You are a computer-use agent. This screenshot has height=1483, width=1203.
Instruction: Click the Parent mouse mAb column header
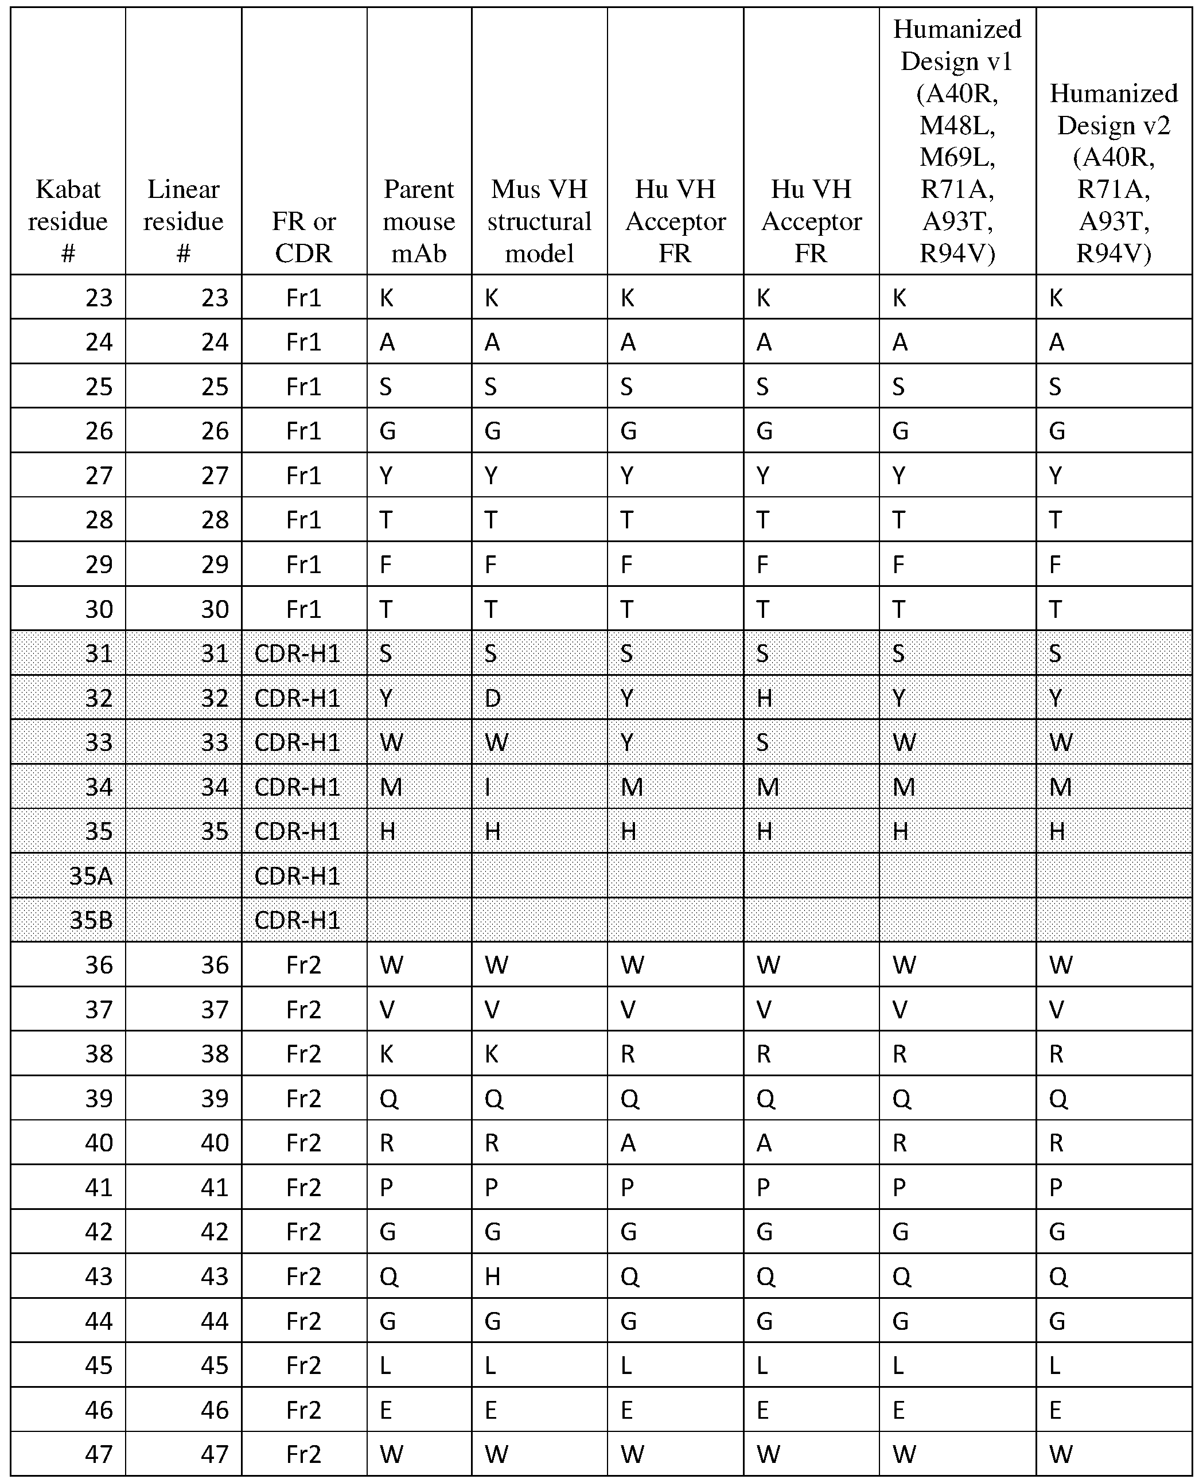(419, 221)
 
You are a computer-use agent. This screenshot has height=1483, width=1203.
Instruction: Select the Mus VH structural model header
(539, 221)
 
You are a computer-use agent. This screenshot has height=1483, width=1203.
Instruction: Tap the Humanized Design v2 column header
(1114, 173)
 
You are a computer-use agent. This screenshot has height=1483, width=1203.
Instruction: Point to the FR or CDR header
(303, 237)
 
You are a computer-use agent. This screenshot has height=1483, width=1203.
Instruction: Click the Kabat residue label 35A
(91, 876)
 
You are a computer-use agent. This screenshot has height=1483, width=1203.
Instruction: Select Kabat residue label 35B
(91, 920)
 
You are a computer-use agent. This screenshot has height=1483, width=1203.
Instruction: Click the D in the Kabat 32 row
(492, 698)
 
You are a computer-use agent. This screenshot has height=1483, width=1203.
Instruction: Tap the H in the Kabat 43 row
(492, 1276)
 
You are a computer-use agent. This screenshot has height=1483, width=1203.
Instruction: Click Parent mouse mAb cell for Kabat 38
(387, 1054)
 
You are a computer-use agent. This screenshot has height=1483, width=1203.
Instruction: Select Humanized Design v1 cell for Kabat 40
(900, 1143)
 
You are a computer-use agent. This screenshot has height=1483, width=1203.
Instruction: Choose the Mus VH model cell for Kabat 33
(496, 742)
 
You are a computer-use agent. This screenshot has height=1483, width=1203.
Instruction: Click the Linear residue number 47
(215, 1454)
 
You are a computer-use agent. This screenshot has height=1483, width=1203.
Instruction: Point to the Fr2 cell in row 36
(303, 964)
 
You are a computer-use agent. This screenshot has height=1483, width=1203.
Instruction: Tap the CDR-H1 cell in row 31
(297, 653)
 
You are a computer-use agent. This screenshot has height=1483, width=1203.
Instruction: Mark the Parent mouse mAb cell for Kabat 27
(387, 476)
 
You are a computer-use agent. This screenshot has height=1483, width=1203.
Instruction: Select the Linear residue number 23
(215, 297)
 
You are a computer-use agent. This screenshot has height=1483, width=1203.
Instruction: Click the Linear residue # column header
(183, 221)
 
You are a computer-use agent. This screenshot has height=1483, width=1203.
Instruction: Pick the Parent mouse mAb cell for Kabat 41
(386, 1187)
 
